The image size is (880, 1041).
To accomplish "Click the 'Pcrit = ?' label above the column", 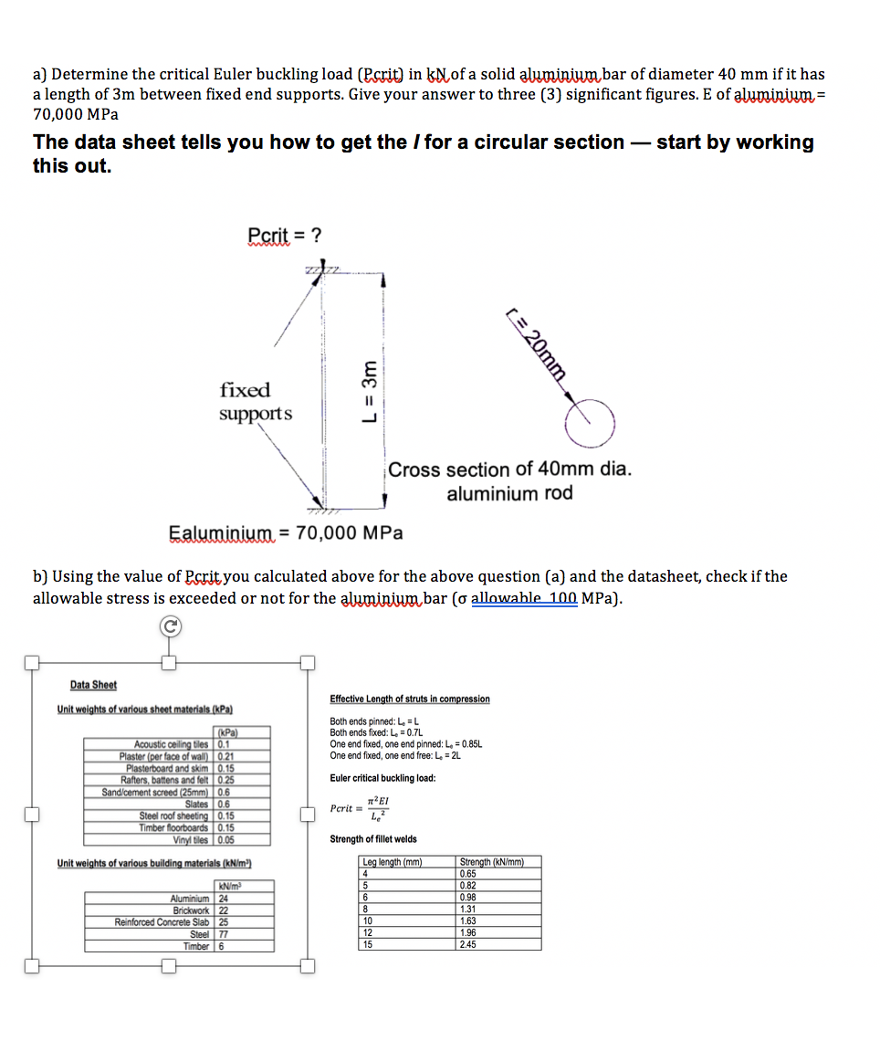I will tap(284, 236).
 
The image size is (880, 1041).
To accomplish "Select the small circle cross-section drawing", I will tap(590, 419).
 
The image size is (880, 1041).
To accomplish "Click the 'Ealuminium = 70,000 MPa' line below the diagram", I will tap(286, 532).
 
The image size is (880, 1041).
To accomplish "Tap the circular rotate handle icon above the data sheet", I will tap(168, 626).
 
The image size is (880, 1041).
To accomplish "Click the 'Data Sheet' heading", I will tap(93, 685).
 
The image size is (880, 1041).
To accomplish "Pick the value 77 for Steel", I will tap(225, 934).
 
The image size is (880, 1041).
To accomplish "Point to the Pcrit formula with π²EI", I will tap(361, 807).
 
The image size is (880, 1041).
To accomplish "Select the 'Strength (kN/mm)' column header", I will tap(491, 862).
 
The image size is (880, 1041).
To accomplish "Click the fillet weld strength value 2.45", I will tap(469, 944).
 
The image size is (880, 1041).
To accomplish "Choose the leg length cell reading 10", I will tap(368, 920).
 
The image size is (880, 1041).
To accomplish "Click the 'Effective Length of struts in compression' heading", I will tap(409, 699).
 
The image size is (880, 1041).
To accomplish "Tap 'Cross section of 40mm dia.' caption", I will tap(509, 469).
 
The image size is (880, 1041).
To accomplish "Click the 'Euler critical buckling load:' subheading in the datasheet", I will tap(382, 778).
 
